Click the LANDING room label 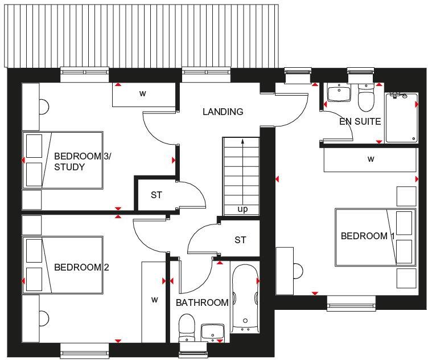223,112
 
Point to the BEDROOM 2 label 81,267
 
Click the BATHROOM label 201,302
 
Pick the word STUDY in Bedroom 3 69,167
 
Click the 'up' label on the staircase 242,209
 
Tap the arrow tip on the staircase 242,140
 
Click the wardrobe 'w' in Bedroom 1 371,159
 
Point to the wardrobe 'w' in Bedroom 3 143,94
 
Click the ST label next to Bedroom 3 157,195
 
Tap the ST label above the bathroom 240,240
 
